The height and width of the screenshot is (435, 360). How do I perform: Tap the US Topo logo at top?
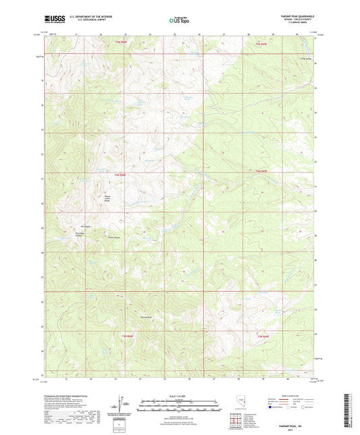coord(180,21)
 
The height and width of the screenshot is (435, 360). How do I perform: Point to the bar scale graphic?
coord(180,406)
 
